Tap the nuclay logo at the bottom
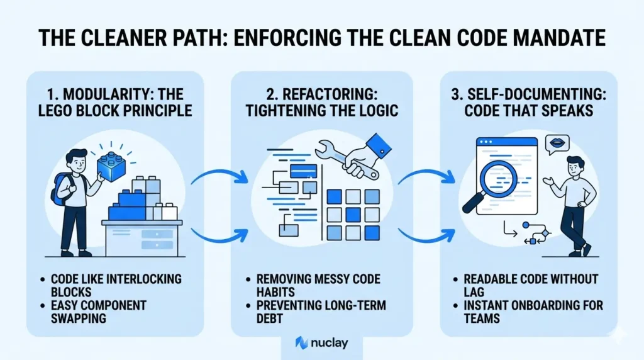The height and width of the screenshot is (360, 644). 321,343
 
